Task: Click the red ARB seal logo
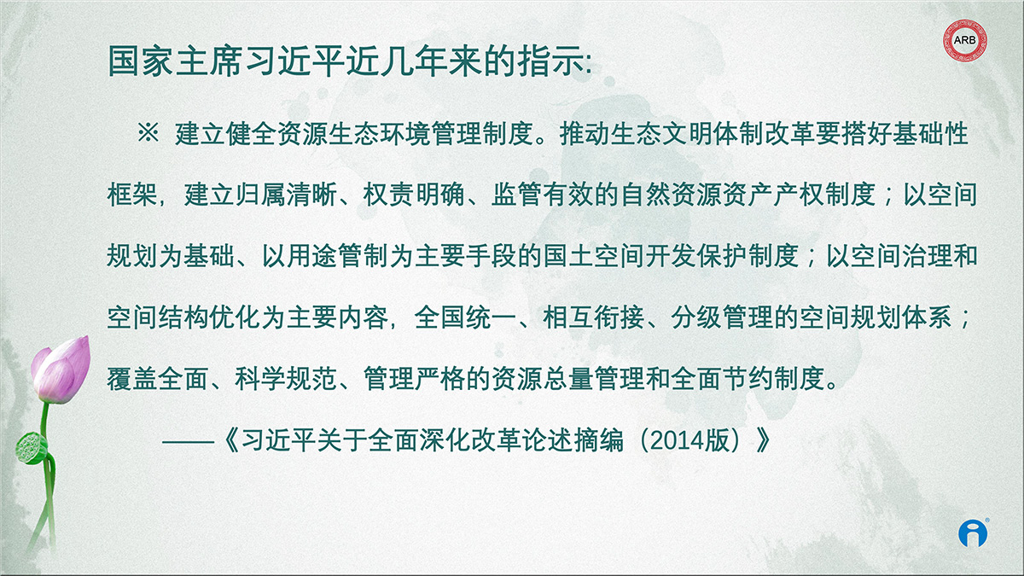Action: coord(965,40)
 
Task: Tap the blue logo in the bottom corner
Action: coord(973,533)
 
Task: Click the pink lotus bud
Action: coord(61,369)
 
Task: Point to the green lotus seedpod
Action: coord(32,448)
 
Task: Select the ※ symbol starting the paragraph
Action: coord(148,133)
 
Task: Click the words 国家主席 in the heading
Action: coord(175,61)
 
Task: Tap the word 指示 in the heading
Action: coord(552,61)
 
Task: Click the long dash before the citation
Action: coord(189,442)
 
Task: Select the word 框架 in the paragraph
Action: coord(132,195)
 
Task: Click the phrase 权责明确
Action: coord(414,195)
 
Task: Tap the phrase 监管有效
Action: coord(543,195)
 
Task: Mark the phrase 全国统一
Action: coord(465,317)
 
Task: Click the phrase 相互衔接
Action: coord(594,317)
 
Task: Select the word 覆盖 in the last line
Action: coord(132,379)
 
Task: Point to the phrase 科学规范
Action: coord(286,379)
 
